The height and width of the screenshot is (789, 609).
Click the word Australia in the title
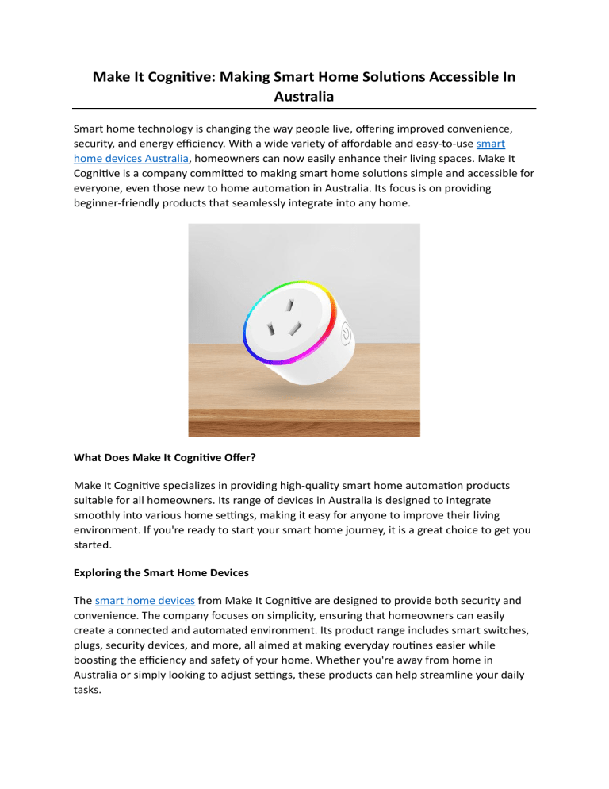304,97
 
